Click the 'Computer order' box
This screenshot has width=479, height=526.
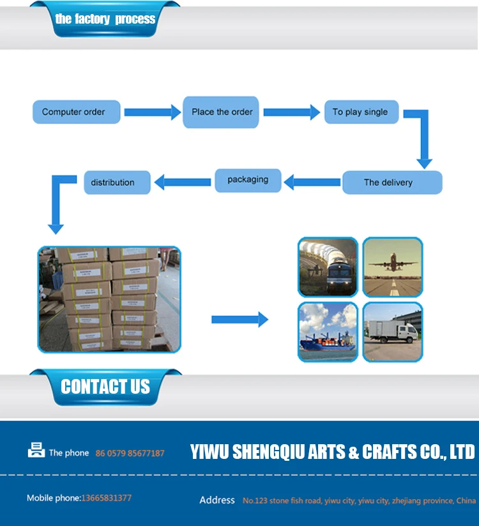[73, 112]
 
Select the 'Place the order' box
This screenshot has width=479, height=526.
[222, 112]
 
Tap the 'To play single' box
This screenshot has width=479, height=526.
[361, 112]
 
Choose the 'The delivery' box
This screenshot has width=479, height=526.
[392, 182]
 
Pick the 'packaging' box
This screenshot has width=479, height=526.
[248, 180]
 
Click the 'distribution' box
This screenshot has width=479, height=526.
[117, 182]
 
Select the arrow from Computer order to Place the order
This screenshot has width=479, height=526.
[152, 112]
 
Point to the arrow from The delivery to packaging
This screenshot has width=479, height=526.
[312, 182]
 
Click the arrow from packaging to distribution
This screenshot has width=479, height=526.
[183, 182]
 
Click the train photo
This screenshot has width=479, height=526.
[328, 267]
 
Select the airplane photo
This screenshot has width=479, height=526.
[393, 267]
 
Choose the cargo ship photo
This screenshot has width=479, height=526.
[328, 332]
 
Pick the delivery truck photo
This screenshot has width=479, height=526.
[393, 332]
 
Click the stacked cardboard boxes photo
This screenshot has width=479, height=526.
[109, 299]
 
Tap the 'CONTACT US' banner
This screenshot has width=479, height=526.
[105, 387]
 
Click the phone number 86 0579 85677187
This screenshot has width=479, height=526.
[130, 453]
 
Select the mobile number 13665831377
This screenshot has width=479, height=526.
[106, 498]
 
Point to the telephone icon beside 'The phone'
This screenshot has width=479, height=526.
[36, 451]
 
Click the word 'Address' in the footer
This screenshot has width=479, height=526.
[217, 500]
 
